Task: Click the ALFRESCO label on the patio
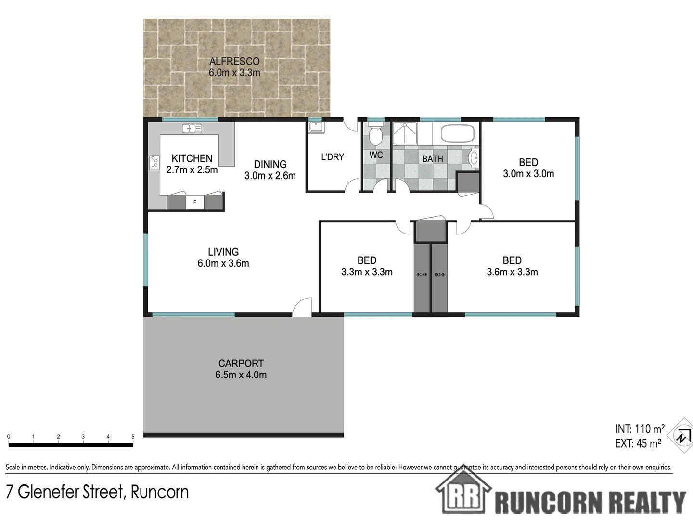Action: tap(234, 61)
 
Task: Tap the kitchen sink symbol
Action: tap(192, 128)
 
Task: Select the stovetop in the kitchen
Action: tap(154, 163)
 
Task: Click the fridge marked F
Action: tap(195, 202)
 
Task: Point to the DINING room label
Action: tap(270, 164)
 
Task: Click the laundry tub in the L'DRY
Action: tap(316, 127)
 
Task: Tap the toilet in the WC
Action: tap(375, 135)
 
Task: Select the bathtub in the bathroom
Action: tap(458, 133)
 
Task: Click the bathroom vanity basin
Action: tap(474, 157)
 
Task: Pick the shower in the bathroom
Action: tap(405, 133)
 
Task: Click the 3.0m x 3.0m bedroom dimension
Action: tap(528, 174)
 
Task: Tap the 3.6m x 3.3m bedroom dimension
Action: tap(512, 272)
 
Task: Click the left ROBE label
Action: tap(422, 275)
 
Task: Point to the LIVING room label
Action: tap(223, 252)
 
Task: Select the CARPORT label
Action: tap(241, 364)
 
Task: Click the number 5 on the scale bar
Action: tap(133, 437)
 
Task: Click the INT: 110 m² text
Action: tap(640, 429)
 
